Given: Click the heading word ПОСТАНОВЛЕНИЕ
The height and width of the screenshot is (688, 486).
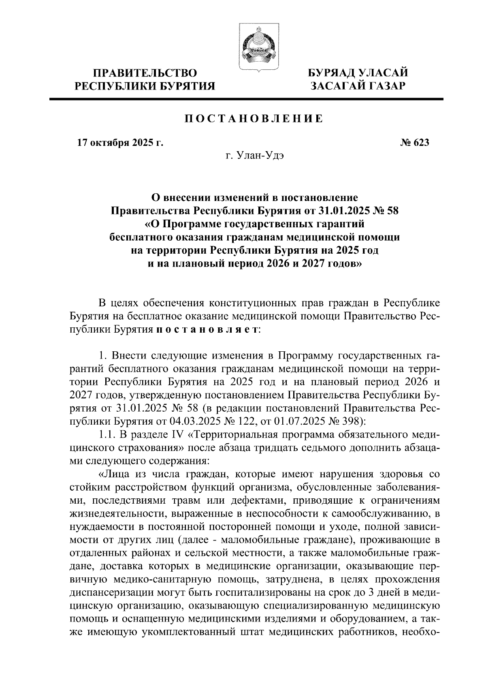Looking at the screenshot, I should [x=254, y=119].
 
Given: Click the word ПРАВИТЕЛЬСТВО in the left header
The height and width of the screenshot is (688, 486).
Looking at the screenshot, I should [x=145, y=73].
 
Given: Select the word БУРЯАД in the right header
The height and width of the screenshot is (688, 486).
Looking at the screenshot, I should [x=332, y=73].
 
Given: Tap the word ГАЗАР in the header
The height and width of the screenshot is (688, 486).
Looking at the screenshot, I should [x=383, y=86].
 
